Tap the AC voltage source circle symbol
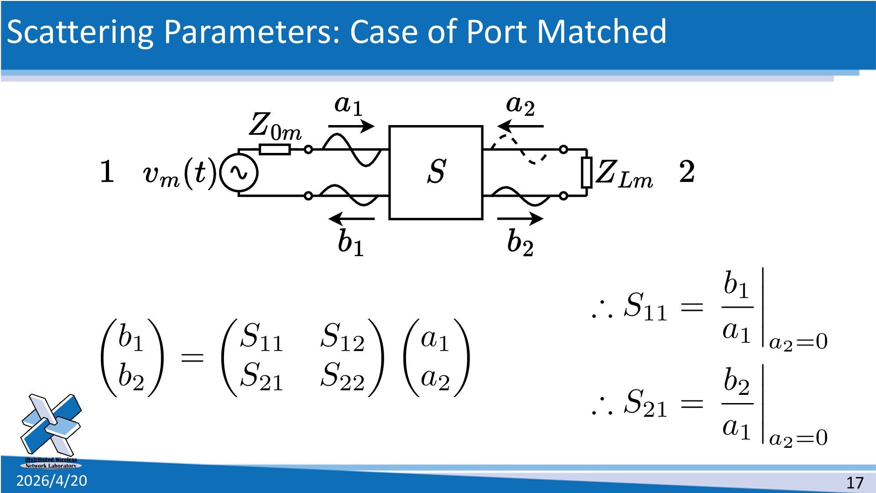239,173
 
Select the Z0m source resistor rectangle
275,149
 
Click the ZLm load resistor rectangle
586,172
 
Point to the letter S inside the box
437,172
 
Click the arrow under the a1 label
351,126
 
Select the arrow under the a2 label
520,126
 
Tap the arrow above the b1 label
351,219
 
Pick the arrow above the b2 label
520,219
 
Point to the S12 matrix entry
342,337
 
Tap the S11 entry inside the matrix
261,337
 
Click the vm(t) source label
179,173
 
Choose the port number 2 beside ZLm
687,172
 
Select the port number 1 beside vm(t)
107,172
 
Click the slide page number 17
855,483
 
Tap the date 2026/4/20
52,481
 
